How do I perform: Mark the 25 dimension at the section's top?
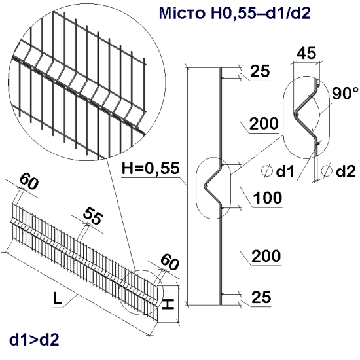261,73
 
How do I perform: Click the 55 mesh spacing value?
94,217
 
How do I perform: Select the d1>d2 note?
34,340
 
